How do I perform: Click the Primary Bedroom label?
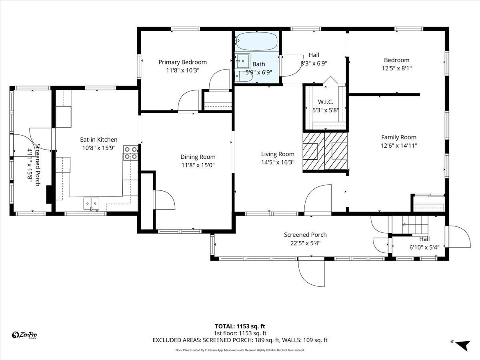(x=182, y=62)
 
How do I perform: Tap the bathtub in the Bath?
(x=256, y=40)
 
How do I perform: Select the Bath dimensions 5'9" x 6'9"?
(x=258, y=72)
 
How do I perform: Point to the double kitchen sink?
(x=91, y=204)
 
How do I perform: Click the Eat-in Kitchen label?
(x=99, y=140)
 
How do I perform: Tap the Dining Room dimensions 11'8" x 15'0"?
(x=198, y=165)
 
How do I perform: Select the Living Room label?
(x=278, y=154)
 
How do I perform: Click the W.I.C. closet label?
(x=326, y=102)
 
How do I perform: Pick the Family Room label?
(x=398, y=137)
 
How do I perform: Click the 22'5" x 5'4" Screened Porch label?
(x=305, y=235)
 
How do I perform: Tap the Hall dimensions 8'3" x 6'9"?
(x=314, y=63)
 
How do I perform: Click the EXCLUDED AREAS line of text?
(x=240, y=340)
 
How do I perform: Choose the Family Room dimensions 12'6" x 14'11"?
(x=398, y=146)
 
